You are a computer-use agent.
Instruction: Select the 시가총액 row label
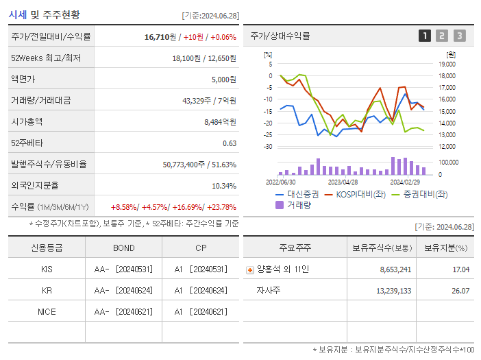click(x=27, y=121)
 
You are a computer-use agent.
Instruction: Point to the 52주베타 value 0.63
click(x=230, y=143)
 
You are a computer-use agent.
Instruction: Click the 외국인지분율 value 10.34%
click(x=224, y=185)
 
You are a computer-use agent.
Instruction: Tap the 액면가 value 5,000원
click(x=224, y=79)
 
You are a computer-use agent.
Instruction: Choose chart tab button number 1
click(x=425, y=36)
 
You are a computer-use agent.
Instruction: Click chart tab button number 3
click(x=459, y=36)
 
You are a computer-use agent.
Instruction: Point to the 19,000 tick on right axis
click(x=447, y=64)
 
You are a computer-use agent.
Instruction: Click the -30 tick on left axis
click(x=268, y=147)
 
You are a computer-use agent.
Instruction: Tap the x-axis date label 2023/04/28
click(x=343, y=182)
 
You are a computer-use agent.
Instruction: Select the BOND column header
click(x=124, y=248)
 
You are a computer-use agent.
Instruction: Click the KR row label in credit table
click(x=47, y=290)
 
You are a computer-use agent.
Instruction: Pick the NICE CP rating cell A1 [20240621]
click(x=200, y=311)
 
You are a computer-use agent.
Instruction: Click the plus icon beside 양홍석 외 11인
click(x=249, y=269)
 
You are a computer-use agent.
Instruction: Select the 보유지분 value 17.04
click(x=461, y=269)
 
